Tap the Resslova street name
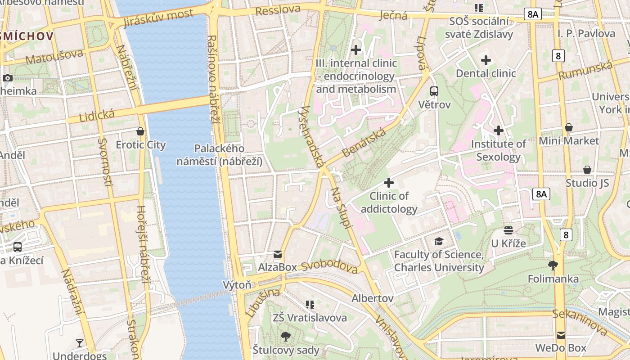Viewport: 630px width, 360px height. pyautogui.click(x=278, y=10)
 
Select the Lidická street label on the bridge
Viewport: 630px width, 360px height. pyautogui.click(x=97, y=116)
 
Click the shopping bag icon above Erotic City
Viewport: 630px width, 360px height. pyautogui.click(x=140, y=131)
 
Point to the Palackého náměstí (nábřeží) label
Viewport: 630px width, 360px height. pyautogui.click(x=219, y=155)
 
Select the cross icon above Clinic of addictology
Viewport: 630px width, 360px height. pyautogui.click(x=389, y=183)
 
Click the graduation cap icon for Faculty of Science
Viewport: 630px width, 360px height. pyautogui.click(x=439, y=242)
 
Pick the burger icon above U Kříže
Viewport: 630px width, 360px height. pyautogui.click(x=508, y=230)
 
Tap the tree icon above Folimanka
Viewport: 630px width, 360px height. pyautogui.click(x=553, y=265)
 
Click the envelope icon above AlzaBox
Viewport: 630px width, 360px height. pyautogui.click(x=278, y=254)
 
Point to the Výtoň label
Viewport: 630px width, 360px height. pyautogui.click(x=237, y=285)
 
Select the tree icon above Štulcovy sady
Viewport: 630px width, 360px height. pyautogui.click(x=285, y=336)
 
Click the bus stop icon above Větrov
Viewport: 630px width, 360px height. pyautogui.click(x=434, y=91)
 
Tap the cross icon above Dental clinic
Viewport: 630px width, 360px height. pyautogui.click(x=486, y=60)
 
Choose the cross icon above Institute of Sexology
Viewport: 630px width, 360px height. pyautogui.click(x=498, y=130)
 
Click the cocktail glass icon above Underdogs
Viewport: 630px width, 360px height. pyautogui.click(x=80, y=343)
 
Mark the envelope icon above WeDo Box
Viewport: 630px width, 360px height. pyautogui.click(x=561, y=335)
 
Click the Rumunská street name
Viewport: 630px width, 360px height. pyautogui.click(x=585, y=71)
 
